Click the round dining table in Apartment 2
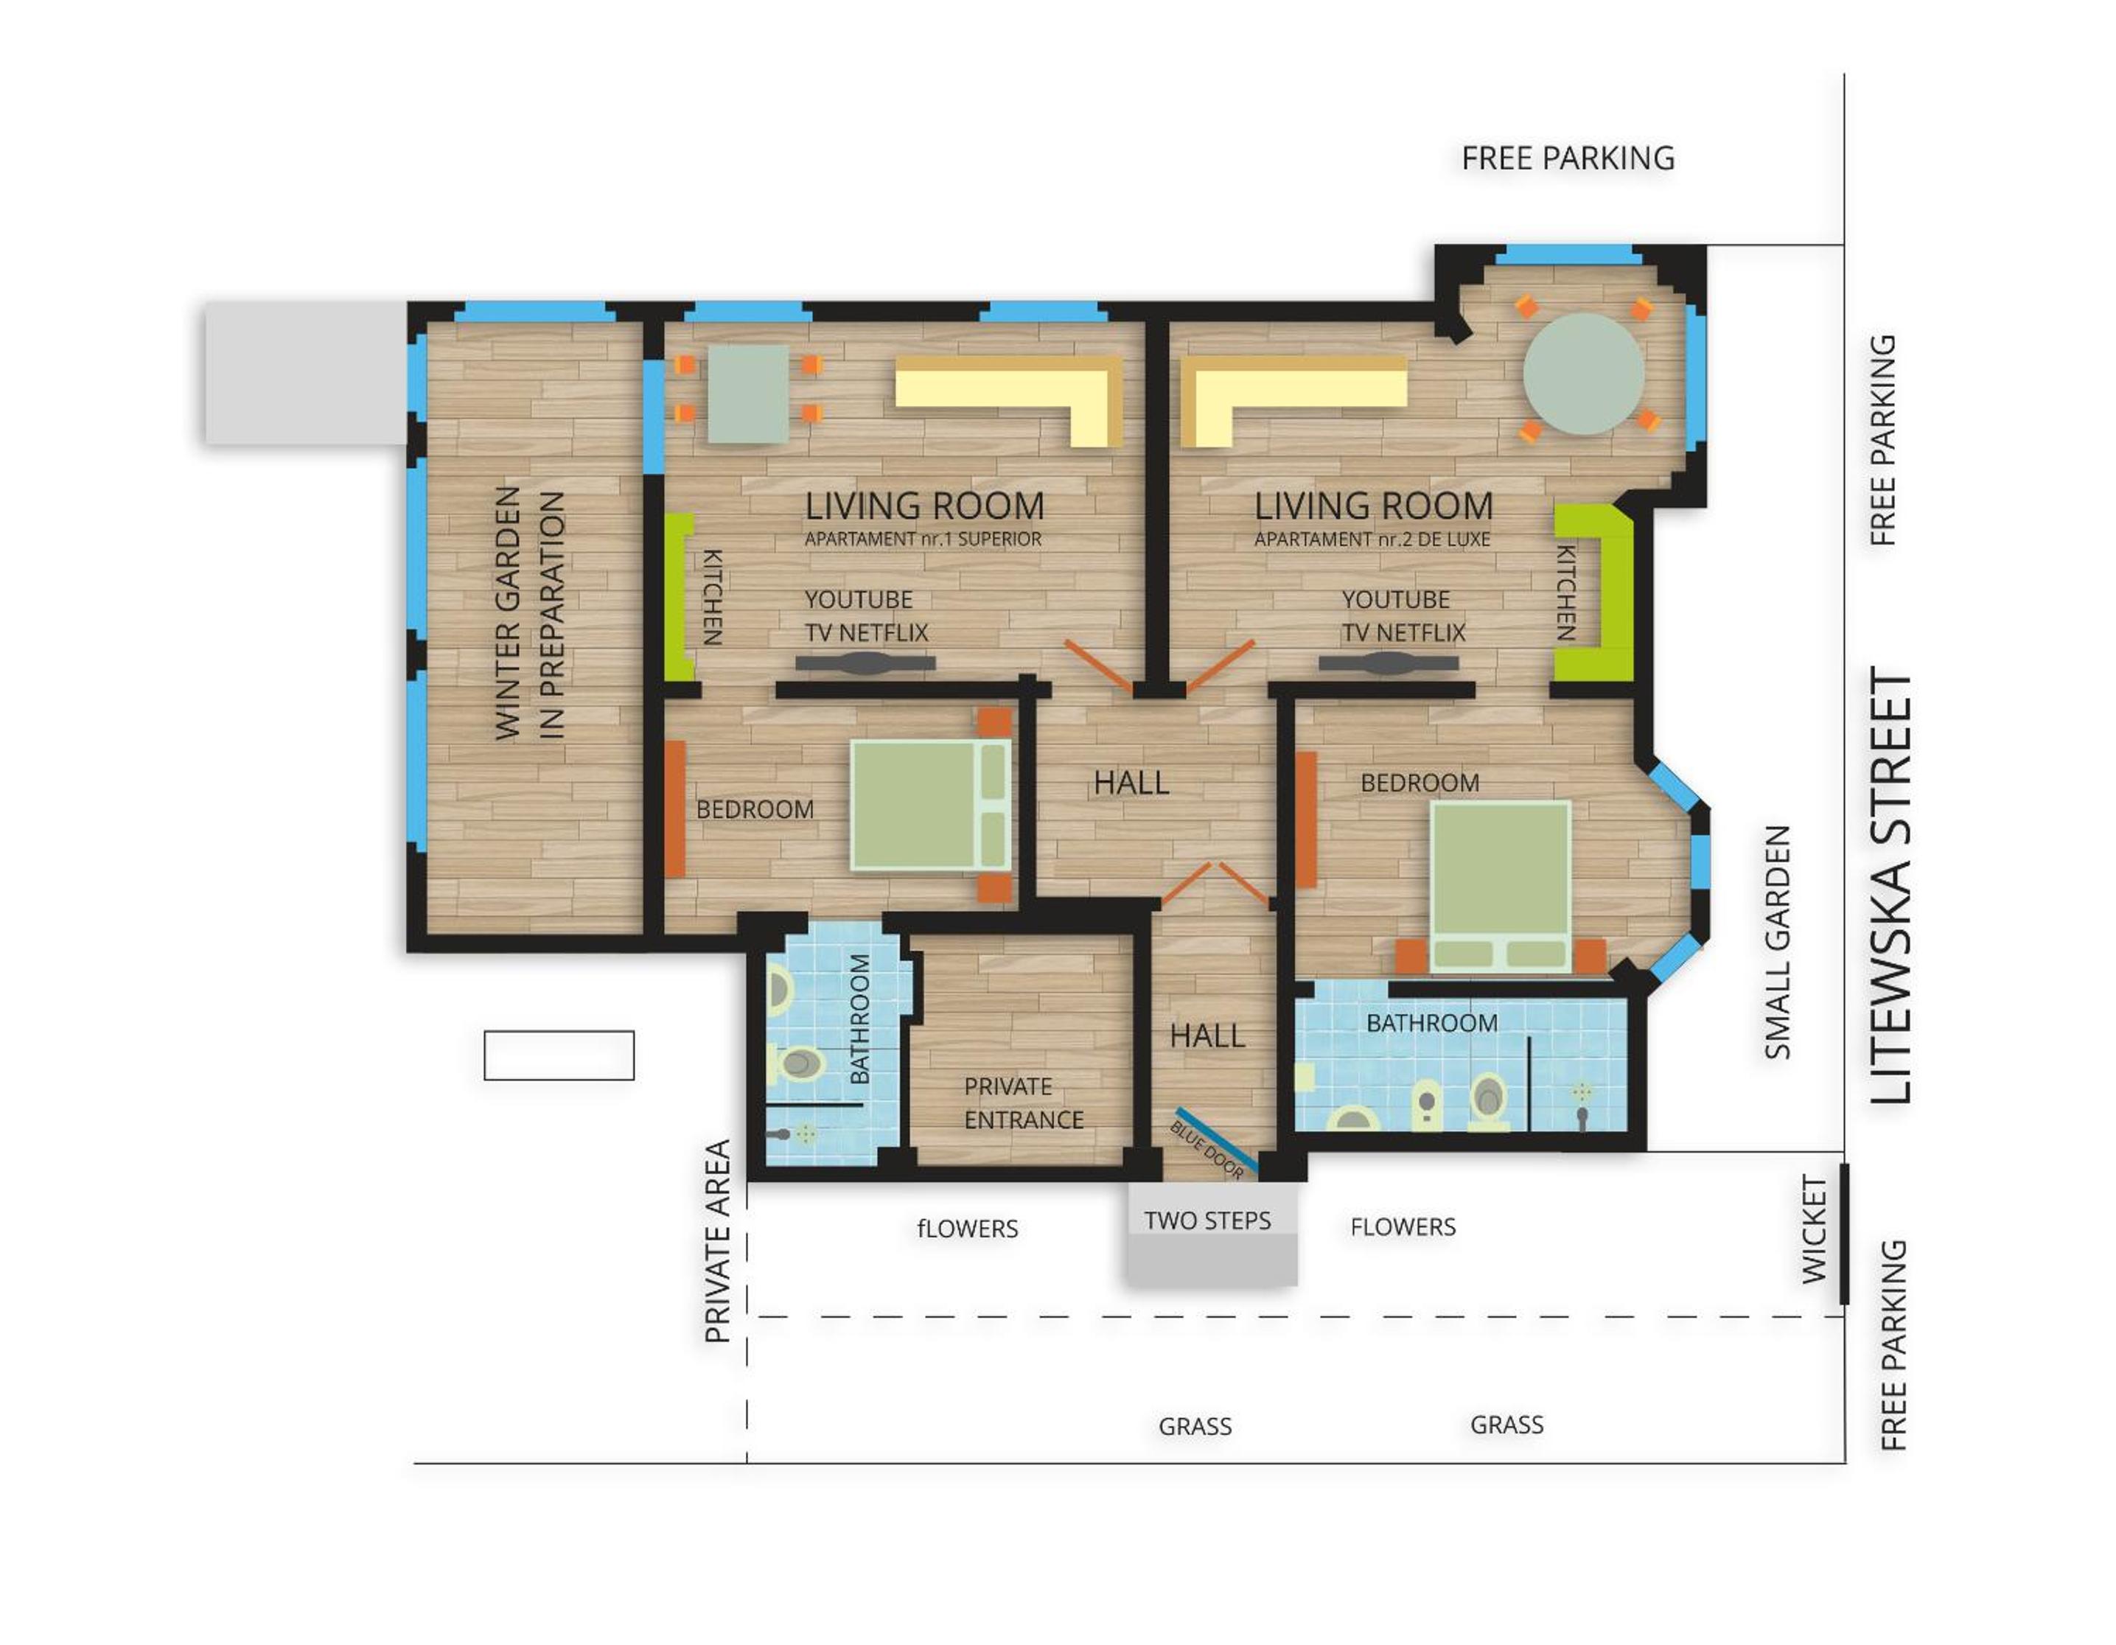1583,373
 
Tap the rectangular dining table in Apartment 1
747,394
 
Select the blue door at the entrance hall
1216,1139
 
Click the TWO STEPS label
1207,1220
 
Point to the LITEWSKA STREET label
1891,885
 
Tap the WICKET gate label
1814,1230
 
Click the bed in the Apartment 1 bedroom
931,805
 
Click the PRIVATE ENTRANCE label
1023,1103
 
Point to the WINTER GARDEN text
508,613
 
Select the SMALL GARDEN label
1777,943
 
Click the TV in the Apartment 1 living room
865,663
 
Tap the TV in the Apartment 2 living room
1389,663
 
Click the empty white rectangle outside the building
559,1055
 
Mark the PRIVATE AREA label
717,1241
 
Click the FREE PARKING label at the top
1568,158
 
